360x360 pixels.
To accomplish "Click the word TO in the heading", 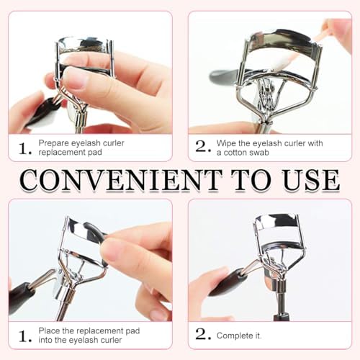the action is [x=252, y=180].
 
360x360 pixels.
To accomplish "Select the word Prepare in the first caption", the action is [x=54, y=143].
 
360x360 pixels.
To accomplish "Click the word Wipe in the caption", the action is [x=226, y=143].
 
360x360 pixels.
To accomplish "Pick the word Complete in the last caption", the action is [x=235, y=336].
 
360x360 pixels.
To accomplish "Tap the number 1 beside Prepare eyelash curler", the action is [x=24, y=149].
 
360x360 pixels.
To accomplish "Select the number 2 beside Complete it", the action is [x=203, y=334].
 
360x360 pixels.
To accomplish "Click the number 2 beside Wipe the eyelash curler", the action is [x=203, y=146].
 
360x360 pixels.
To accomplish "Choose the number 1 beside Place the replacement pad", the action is [x=24, y=336].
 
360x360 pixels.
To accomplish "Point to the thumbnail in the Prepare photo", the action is [x=74, y=77].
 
